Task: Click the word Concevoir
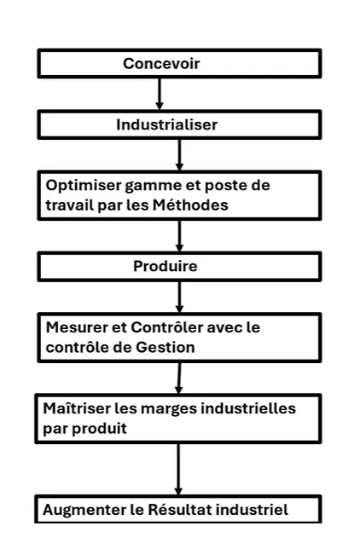[x=161, y=64]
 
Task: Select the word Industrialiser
[x=167, y=124]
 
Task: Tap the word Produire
[x=165, y=266]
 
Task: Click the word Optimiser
[x=83, y=186]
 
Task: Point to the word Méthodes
[x=190, y=205]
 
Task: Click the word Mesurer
[x=77, y=327]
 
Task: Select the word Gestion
[x=165, y=347]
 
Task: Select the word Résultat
[x=179, y=510]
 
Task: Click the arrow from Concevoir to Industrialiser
[x=160, y=94]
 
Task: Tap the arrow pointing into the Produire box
[x=179, y=236]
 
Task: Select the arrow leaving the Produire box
[x=179, y=297]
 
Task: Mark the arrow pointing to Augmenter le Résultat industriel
[x=178, y=469]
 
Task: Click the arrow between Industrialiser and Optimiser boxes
[x=179, y=155]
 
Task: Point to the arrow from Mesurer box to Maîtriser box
[x=179, y=379]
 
